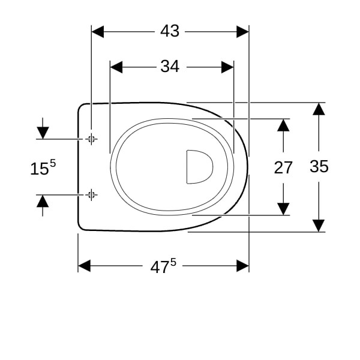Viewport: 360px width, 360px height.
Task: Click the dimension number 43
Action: [170, 31]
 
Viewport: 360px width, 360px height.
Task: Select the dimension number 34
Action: [170, 67]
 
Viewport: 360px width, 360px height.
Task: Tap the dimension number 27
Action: [283, 167]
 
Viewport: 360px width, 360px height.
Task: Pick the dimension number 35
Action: [319, 166]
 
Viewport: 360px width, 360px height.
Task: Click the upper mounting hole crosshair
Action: [91, 139]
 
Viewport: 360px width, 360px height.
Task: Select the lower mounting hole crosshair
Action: [91, 195]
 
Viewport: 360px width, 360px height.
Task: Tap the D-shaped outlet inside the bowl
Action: [200, 167]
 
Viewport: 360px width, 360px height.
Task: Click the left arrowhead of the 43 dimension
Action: [98, 32]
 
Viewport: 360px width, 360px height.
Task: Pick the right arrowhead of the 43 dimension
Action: [242, 32]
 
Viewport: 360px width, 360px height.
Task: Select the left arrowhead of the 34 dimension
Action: [116, 67]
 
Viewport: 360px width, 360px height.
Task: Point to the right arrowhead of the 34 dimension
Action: [227, 67]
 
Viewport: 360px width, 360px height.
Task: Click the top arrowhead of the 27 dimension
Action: [283, 125]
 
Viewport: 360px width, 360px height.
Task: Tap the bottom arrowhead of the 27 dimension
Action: [283, 209]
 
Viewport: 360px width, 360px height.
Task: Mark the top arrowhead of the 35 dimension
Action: [319, 109]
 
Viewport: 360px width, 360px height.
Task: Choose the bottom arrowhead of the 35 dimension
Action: [319, 226]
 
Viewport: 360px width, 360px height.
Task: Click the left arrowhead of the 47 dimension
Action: [84, 266]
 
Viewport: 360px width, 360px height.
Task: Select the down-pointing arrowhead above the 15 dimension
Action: [43, 133]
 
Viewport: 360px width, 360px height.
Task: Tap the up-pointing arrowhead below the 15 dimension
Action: [43, 201]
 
